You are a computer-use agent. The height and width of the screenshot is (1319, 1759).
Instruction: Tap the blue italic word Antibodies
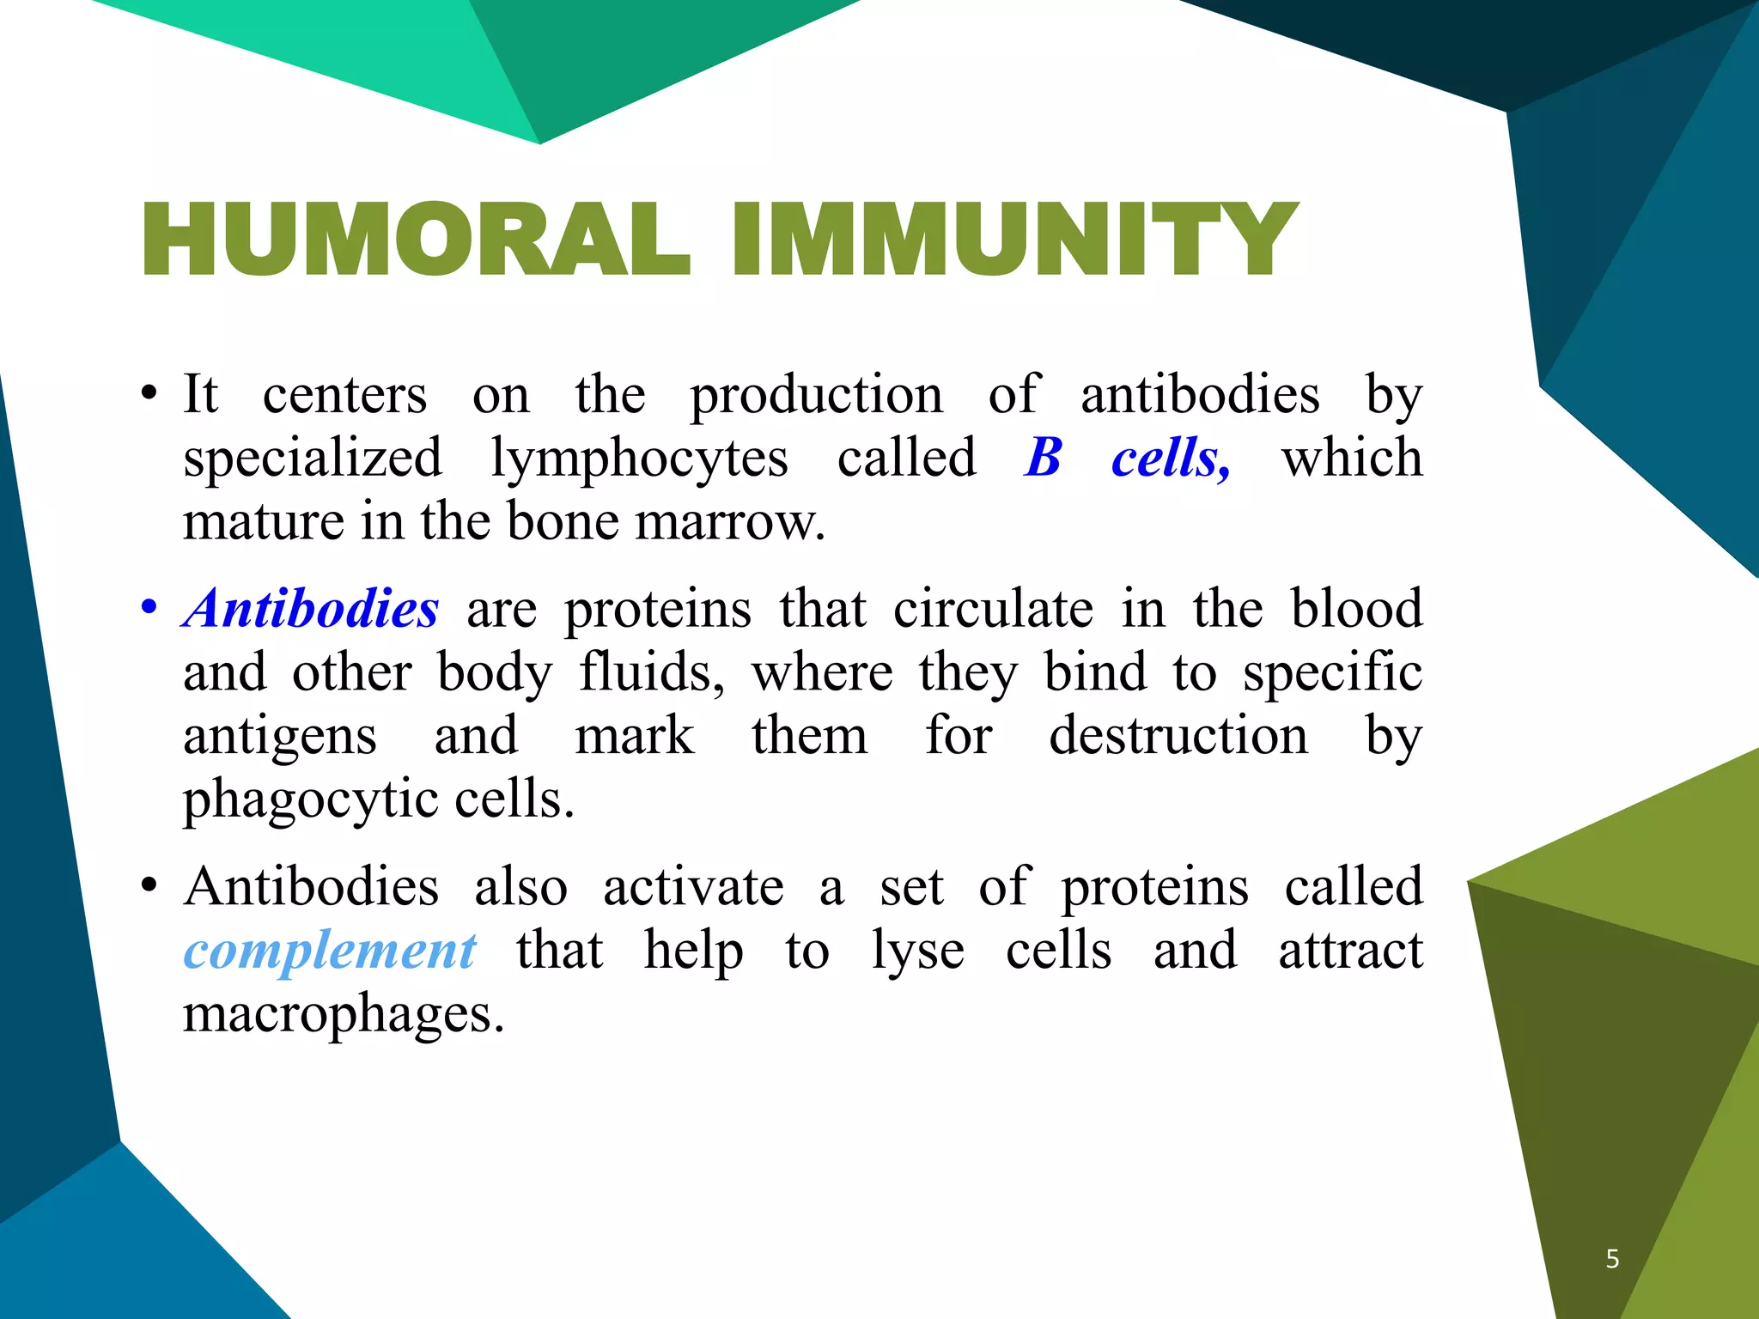click(x=311, y=609)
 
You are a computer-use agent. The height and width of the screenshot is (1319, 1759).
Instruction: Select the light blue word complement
click(x=330, y=951)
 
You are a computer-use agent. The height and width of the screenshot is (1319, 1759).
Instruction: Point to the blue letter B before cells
click(x=1044, y=458)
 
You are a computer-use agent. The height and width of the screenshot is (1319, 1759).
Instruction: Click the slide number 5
click(x=1612, y=1259)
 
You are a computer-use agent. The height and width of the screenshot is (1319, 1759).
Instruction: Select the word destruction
click(x=1178, y=736)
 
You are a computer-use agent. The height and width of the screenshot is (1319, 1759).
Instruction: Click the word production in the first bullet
click(x=816, y=396)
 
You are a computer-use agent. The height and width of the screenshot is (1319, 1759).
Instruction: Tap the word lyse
click(x=917, y=952)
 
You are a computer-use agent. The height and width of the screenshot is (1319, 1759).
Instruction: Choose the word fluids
click(x=650, y=672)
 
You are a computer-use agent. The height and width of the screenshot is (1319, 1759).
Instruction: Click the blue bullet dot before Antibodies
click(x=149, y=609)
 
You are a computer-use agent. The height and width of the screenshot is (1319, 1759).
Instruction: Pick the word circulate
click(x=993, y=609)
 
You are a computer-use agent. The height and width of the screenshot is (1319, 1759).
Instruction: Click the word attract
click(x=1350, y=951)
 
